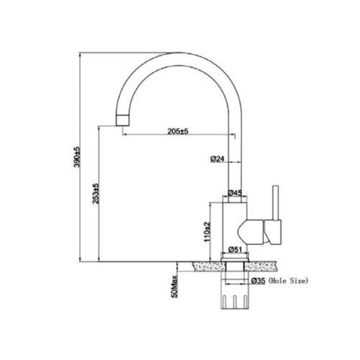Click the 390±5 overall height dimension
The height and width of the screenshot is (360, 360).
click(77, 157)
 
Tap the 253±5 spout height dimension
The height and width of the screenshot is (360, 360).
click(96, 194)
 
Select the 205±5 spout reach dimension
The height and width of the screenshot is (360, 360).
click(179, 131)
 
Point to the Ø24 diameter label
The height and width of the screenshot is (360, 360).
click(217, 159)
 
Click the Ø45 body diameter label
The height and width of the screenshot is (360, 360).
click(235, 192)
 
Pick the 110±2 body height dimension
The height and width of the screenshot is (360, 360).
click(207, 232)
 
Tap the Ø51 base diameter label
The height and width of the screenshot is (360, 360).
click(235, 250)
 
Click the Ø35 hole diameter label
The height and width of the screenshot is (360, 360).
click(258, 281)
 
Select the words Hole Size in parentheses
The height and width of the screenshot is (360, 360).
click(288, 281)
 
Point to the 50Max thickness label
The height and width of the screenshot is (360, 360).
click(175, 287)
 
